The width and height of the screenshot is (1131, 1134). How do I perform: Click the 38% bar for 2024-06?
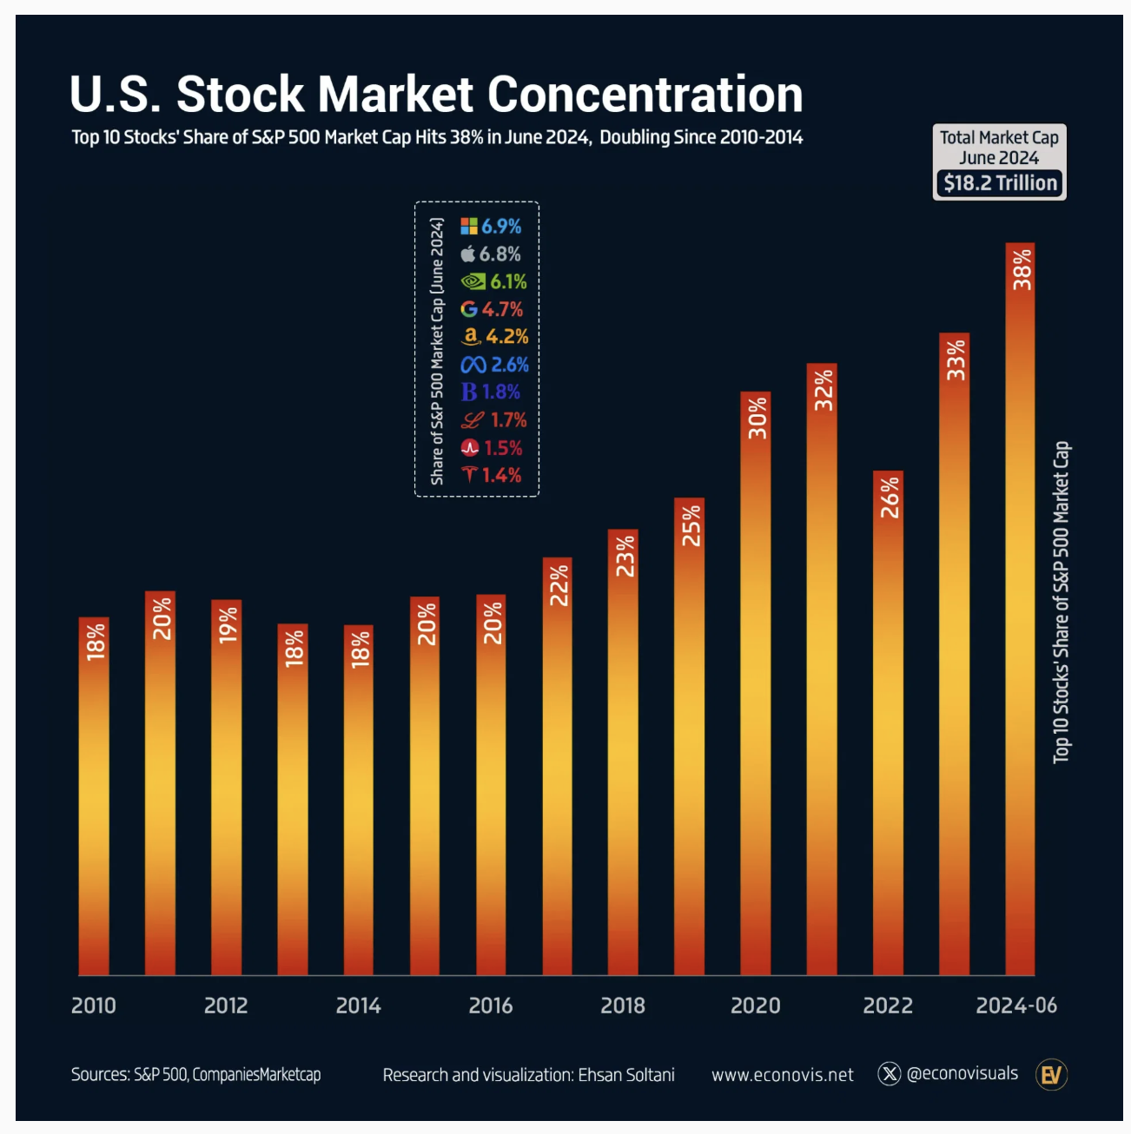[x=1020, y=608]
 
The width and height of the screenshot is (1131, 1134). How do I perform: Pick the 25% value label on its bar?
[x=690, y=526]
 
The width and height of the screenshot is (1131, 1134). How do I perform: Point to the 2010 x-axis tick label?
[x=94, y=1005]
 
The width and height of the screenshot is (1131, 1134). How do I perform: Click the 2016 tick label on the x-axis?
[x=491, y=1005]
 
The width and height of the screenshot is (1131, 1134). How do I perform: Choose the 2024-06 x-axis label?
[x=1016, y=1005]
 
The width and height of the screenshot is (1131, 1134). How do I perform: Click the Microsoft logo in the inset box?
[x=469, y=227]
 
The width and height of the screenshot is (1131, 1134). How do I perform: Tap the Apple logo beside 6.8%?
[x=468, y=254]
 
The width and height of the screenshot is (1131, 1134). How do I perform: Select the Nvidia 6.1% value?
[x=508, y=281]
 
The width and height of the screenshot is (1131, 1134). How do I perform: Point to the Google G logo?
[x=469, y=309]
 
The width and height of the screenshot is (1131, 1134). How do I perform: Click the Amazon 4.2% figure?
[x=507, y=337]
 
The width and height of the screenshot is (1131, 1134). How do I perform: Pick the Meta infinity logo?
[x=473, y=365]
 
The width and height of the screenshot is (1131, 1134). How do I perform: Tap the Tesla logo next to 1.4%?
[x=469, y=474]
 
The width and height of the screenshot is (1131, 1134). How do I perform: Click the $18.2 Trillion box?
[x=1000, y=183]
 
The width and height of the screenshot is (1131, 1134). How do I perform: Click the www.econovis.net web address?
[x=782, y=1075]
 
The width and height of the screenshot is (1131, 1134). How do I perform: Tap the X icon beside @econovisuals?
[x=890, y=1074]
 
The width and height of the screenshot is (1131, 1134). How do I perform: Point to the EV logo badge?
[x=1051, y=1075]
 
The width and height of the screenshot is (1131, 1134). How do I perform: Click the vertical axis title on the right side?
[x=1062, y=603]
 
